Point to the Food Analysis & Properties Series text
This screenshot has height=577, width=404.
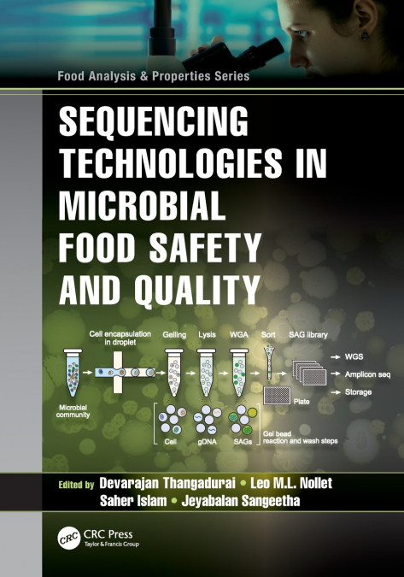[x=154, y=76]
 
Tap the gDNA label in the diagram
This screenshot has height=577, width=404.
[x=205, y=442]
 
